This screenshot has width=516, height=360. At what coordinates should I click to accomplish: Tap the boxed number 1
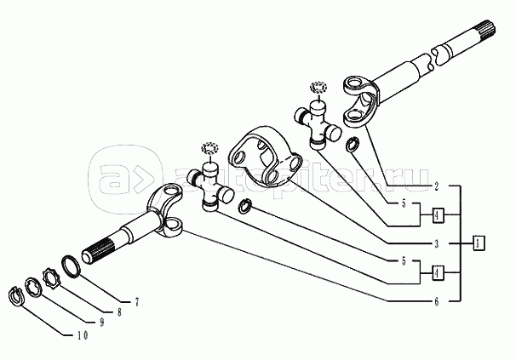point(479,243)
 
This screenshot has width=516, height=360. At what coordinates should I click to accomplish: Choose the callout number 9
point(101,323)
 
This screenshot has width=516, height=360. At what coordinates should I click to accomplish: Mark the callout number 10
point(82,334)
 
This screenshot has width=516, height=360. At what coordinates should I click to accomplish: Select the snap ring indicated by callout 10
point(16,295)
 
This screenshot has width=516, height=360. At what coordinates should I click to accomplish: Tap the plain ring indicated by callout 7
point(72,264)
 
